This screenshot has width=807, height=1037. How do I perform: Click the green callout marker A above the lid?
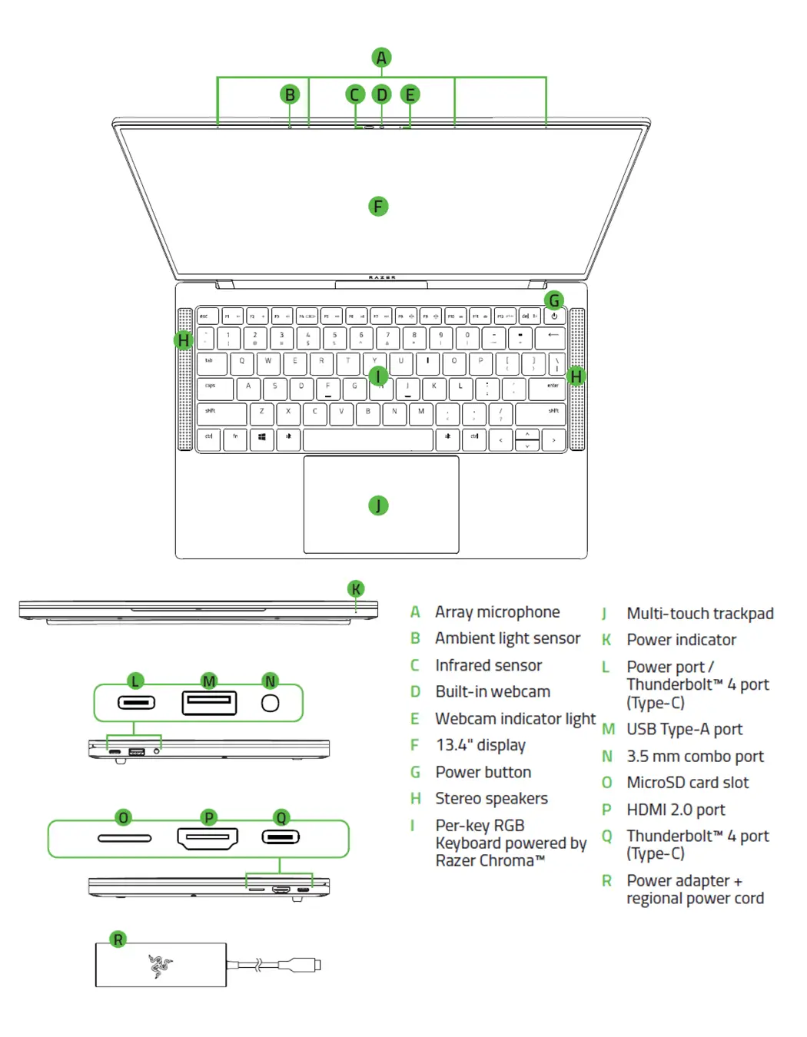[x=381, y=58]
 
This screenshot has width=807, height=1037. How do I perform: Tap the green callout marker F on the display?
[x=378, y=207]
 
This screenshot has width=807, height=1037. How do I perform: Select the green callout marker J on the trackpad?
[x=378, y=505]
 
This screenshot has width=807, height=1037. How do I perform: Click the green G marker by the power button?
[x=553, y=300]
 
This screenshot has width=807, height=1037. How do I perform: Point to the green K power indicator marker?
[x=356, y=589]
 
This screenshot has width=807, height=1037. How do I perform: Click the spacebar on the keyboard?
[x=367, y=440]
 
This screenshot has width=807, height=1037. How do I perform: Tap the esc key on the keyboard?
[x=208, y=316]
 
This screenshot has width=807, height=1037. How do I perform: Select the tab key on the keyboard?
[x=212, y=363]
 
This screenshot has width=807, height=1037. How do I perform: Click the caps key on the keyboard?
[x=215, y=389]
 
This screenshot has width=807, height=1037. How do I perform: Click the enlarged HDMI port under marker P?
[x=208, y=838]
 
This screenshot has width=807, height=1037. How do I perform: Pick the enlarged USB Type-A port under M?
[x=209, y=702]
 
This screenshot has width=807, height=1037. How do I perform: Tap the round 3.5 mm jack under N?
[x=271, y=703]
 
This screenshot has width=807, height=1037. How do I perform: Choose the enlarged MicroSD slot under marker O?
[x=125, y=838]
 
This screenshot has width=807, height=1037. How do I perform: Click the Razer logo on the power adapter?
[x=161, y=966]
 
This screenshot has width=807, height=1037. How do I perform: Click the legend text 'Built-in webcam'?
[x=493, y=691]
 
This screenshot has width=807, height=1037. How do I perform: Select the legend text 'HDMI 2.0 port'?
[x=676, y=810]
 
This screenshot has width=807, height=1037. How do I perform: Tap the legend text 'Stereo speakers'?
[x=491, y=798]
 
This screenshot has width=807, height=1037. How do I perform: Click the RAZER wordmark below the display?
[x=382, y=277]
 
